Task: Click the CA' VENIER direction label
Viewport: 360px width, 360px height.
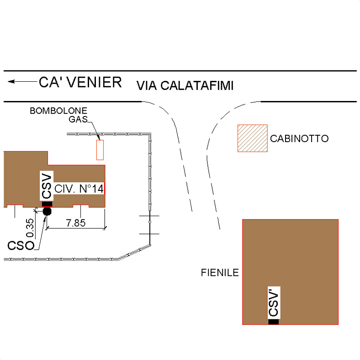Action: tap(80, 82)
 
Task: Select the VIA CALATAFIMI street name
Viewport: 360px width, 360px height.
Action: tap(185, 85)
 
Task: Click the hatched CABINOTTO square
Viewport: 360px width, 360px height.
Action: tap(252, 138)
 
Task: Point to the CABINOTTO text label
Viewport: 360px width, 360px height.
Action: tap(299, 138)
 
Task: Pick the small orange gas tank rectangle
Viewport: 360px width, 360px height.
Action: tap(100, 150)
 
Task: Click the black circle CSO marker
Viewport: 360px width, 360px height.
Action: tap(47, 211)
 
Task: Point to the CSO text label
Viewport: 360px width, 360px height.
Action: tap(21, 245)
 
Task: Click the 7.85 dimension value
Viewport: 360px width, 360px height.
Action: tap(76, 223)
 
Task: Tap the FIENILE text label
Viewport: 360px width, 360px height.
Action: tap(220, 273)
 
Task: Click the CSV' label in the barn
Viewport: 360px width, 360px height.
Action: tap(274, 303)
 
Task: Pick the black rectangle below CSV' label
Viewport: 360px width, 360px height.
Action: tap(273, 322)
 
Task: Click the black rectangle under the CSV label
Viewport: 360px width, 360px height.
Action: tap(47, 204)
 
